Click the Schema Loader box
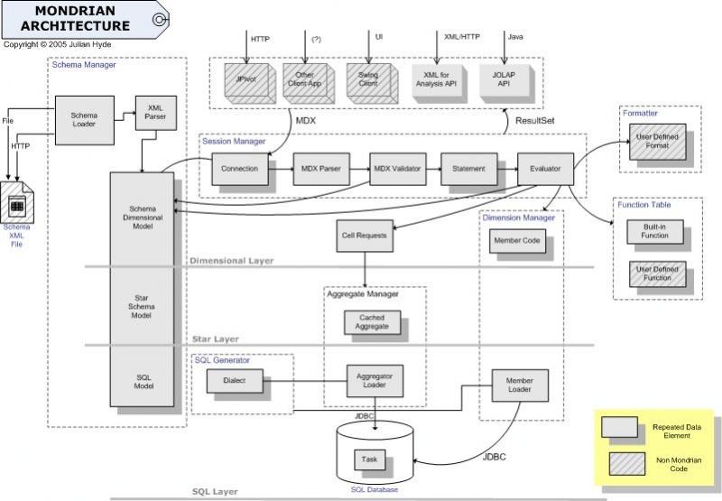coord(88,120)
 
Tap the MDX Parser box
coord(321,169)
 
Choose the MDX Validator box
coord(397,169)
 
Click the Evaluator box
coord(545,169)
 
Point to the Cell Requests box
coord(365,236)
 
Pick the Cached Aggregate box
coord(373,322)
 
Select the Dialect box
coord(233,382)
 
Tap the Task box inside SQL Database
coord(369,459)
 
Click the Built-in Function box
coord(655,232)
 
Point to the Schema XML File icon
coord(16,208)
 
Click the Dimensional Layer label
coord(232,261)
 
